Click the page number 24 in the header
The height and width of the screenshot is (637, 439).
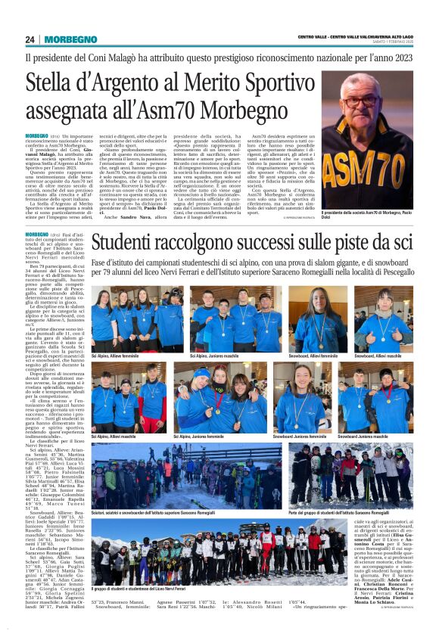[30, 39]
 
